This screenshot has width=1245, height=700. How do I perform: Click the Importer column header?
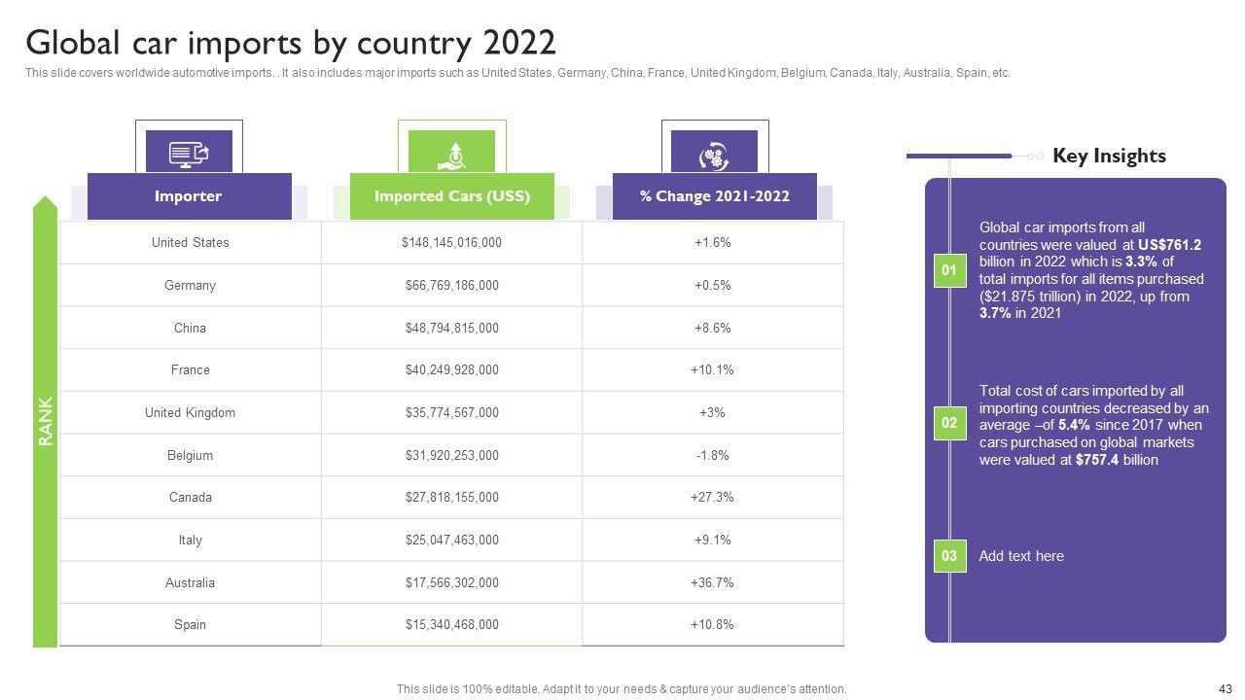coord(189,196)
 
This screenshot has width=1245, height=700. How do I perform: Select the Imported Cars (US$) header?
coord(451,196)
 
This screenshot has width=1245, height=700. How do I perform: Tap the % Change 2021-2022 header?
coord(714,196)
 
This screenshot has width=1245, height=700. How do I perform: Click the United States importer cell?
coord(190,243)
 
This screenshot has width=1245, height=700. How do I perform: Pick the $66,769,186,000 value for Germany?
coord(451,286)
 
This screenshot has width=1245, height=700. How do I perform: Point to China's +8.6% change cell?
coord(712,329)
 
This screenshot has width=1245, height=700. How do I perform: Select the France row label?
coord(190,370)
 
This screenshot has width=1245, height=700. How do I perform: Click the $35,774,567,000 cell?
coord(451,413)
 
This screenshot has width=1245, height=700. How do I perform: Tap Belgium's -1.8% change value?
coord(712,455)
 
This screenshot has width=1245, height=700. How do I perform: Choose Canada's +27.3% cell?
coord(712,498)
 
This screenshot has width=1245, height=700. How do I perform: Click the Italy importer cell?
coord(190,541)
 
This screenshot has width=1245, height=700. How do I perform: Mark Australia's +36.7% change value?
coord(712,583)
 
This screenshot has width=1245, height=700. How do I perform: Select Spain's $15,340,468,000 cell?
coord(451,625)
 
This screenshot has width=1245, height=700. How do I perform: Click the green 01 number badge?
coord(949,270)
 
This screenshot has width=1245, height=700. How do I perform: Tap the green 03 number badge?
coord(949,556)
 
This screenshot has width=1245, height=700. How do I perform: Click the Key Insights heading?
coord(1109,156)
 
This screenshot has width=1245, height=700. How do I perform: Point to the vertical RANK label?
coord(46,422)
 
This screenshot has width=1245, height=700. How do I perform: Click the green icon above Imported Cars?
coord(451,153)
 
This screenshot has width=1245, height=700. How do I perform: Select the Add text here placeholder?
coord(1021,556)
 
